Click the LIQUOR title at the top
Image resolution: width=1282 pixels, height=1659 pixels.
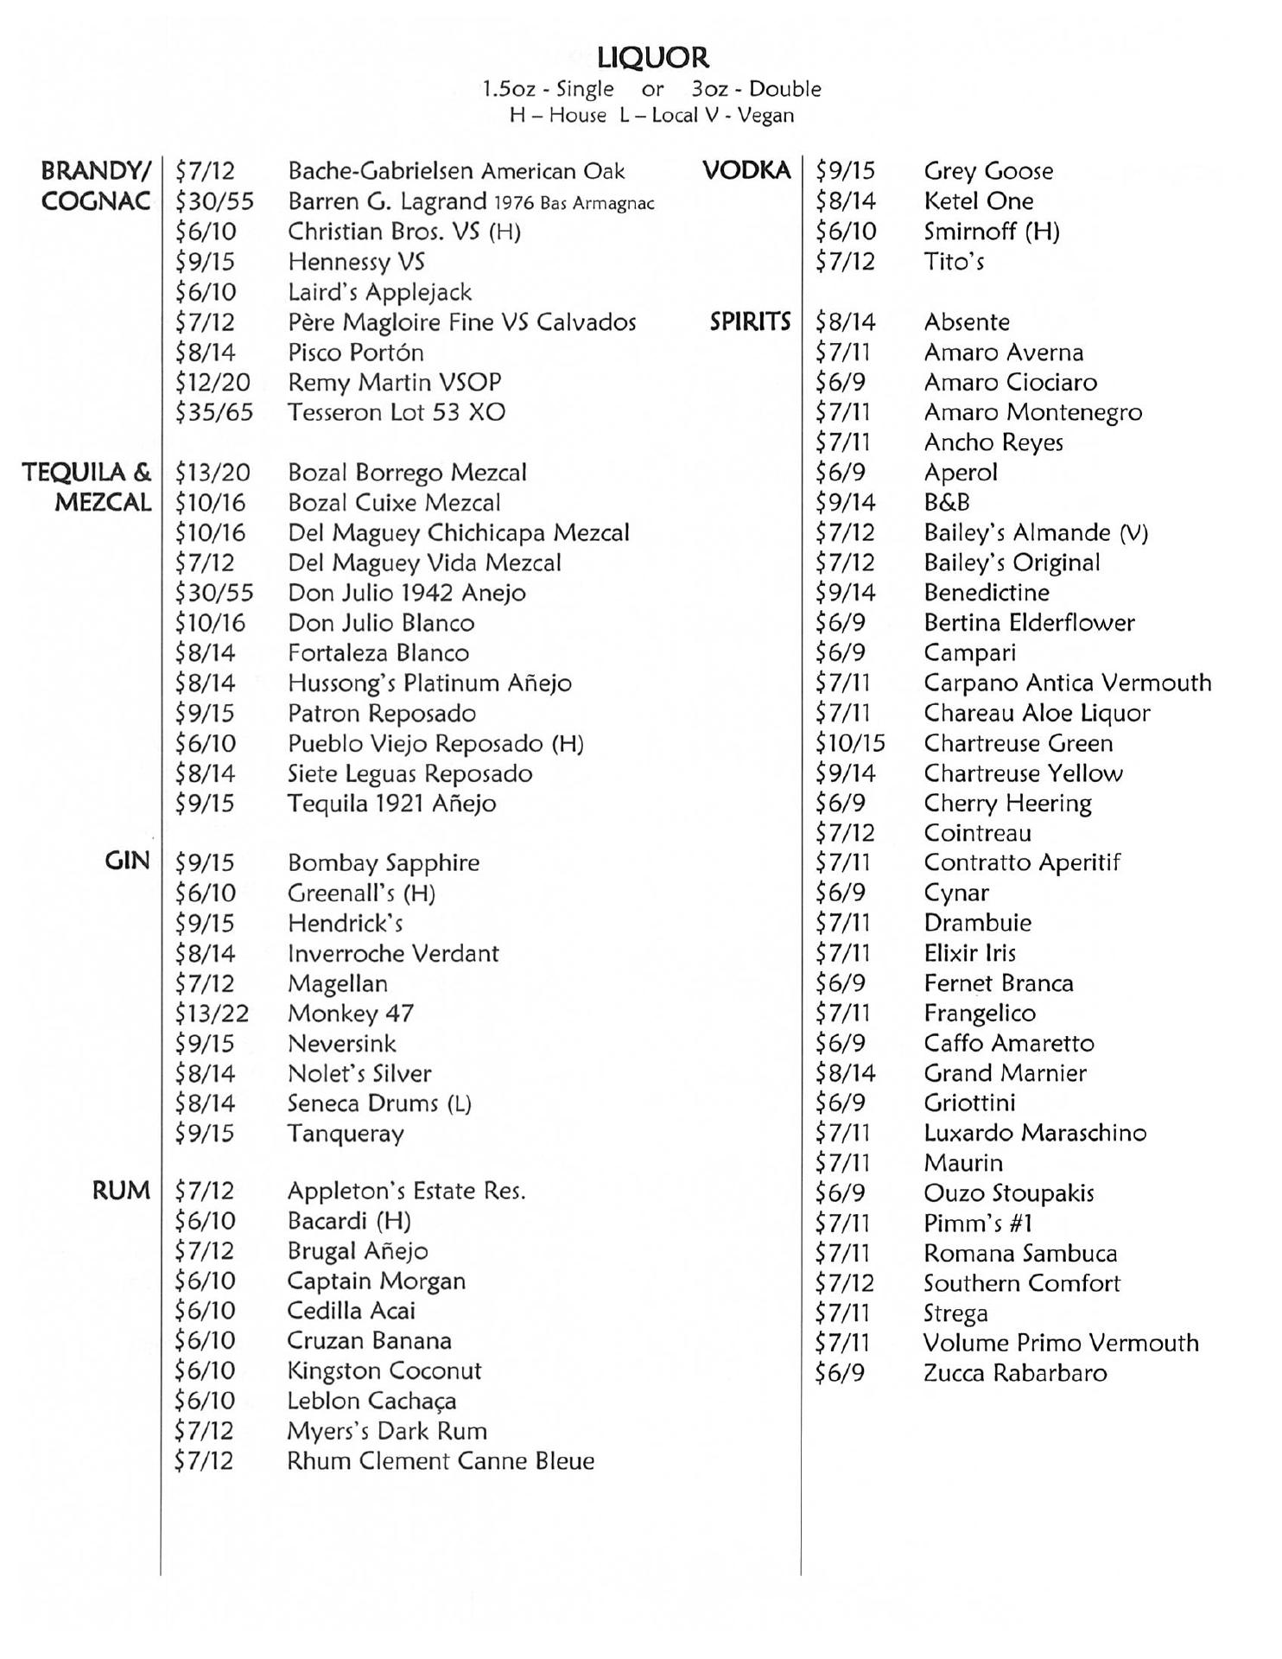652,58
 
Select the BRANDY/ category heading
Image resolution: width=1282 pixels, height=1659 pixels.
96,170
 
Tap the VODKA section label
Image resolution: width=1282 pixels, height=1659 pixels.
746,170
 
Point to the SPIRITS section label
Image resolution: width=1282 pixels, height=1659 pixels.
750,321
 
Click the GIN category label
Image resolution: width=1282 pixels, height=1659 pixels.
127,861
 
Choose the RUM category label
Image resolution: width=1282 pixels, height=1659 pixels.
121,1190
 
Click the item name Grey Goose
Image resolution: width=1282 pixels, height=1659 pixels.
988,171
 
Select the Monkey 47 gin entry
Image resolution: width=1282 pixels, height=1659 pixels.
351,1013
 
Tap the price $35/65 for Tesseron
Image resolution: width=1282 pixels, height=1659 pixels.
214,412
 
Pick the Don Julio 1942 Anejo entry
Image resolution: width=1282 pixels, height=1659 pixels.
407,593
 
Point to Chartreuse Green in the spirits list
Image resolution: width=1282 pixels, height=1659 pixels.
1018,743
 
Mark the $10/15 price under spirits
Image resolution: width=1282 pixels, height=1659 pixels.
850,743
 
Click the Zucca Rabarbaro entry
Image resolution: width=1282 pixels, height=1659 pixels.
1015,1373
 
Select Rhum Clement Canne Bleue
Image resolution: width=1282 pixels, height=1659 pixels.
441,1461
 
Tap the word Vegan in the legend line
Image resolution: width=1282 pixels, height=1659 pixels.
765,116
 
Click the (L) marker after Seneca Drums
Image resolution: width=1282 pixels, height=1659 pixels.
459,1103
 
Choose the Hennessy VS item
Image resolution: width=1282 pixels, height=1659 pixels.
356,262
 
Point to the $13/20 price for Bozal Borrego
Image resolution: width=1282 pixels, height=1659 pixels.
213,473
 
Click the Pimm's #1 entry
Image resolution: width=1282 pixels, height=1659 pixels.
977,1223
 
